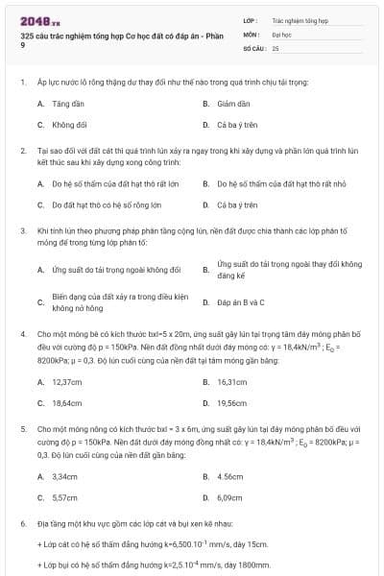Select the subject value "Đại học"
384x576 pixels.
281,33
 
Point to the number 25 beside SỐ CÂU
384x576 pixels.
276,46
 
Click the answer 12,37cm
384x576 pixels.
66,381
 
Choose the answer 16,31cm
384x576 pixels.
232,381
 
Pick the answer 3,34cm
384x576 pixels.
64,476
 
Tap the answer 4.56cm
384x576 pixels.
230,476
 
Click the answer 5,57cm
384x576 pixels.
64,498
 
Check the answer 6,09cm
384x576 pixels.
230,498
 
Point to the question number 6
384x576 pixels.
22,524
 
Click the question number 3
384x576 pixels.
22,231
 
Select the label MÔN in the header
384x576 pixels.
251,33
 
